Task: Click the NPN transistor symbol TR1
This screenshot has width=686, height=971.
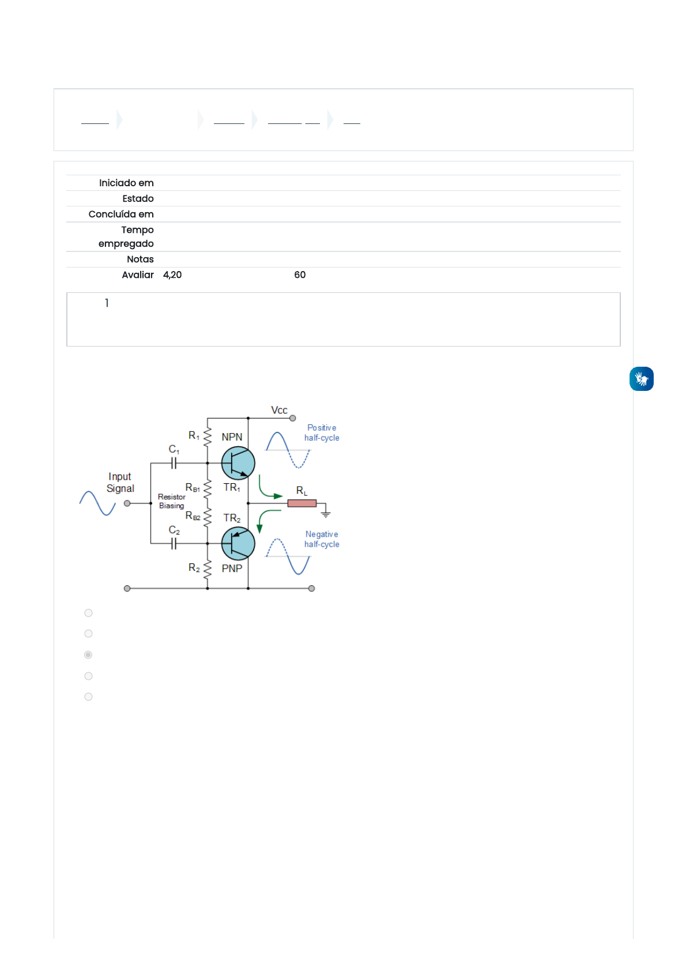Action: (238, 463)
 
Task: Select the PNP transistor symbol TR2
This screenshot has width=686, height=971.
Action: (238, 543)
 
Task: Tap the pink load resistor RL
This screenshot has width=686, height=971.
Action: (302, 503)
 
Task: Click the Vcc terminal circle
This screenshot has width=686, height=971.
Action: (293, 418)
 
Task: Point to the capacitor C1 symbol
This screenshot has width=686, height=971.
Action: (174, 462)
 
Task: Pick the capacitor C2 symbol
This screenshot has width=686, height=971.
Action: (174, 543)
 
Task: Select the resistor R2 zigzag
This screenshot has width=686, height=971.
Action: (208, 568)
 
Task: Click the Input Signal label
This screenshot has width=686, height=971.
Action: (120, 483)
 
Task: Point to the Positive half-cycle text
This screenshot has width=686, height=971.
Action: (322, 432)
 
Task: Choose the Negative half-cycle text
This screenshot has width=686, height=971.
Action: (322, 539)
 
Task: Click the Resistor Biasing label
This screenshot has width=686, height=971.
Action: (172, 501)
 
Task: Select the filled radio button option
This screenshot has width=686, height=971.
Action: (88, 655)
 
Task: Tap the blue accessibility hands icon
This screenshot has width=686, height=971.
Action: (642, 379)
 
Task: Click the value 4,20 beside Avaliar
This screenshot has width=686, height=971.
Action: (172, 275)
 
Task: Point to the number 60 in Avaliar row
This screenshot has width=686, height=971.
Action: (300, 275)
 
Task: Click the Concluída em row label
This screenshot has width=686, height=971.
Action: (121, 214)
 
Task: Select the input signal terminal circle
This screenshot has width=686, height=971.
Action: (127, 503)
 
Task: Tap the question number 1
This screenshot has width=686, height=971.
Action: (107, 303)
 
